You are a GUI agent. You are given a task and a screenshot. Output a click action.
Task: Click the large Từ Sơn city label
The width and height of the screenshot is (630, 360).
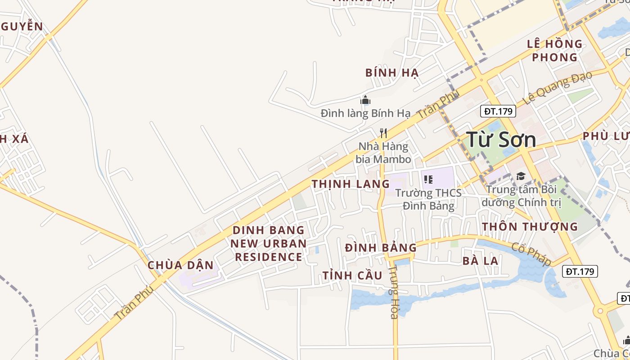(501, 139)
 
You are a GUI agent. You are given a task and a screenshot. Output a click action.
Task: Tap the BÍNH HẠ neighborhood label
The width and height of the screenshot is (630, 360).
(392, 72)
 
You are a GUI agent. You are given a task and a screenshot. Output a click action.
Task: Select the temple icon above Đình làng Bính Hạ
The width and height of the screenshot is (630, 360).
(365, 100)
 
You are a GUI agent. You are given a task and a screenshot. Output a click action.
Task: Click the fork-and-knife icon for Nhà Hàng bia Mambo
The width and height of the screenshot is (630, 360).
(383, 133)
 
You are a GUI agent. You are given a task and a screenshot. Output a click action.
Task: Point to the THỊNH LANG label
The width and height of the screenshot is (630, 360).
(351, 184)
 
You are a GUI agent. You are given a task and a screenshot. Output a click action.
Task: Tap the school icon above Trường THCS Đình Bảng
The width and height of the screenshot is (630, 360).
(428, 180)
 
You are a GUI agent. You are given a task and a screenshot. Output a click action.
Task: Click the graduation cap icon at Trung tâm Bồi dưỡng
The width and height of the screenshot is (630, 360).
(521, 176)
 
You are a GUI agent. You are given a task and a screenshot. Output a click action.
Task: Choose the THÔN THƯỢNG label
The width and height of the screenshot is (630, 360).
(530, 226)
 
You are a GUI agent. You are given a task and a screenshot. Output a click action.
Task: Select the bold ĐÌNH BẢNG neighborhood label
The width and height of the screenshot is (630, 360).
(381, 247)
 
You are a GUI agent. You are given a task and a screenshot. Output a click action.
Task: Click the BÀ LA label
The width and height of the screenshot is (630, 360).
(480, 261)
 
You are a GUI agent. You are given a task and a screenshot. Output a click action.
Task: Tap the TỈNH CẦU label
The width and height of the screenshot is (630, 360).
(352, 275)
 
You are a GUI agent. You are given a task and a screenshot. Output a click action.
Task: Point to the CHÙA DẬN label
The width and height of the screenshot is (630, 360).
(180, 265)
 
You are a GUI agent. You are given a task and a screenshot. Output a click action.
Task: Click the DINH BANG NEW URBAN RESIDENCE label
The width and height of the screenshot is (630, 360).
(269, 243)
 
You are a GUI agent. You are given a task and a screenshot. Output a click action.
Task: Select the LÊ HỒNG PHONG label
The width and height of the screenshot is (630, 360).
(554, 50)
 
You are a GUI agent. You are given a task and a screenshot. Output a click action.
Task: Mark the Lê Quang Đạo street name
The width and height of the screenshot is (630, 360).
(557, 88)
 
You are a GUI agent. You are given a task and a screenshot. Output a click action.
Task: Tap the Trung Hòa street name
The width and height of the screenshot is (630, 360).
(393, 292)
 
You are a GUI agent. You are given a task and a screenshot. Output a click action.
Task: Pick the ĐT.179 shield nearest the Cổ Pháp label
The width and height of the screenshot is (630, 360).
(580, 271)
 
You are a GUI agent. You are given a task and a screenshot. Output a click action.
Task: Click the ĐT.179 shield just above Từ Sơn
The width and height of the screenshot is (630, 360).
(498, 111)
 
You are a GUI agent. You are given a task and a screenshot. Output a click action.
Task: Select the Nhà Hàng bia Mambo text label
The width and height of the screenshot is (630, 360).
(383, 153)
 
